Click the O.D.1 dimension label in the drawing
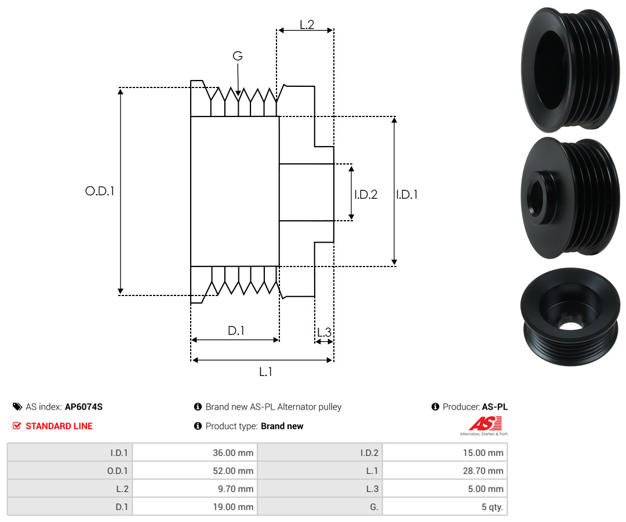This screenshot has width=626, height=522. pyautogui.click(x=100, y=191)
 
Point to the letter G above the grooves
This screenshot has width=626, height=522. pyautogui.click(x=238, y=56)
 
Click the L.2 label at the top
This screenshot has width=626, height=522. pyautogui.click(x=307, y=25)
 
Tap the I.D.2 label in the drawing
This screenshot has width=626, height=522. pyautogui.click(x=366, y=194)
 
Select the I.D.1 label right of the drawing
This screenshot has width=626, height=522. pyautogui.click(x=407, y=194)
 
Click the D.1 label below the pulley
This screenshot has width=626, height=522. pyautogui.click(x=236, y=330)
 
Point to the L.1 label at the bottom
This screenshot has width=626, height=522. pyautogui.click(x=265, y=372)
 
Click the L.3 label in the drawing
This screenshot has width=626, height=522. pyautogui.click(x=324, y=332)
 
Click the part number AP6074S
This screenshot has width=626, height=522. pyautogui.click(x=84, y=407)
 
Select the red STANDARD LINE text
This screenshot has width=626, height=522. pyautogui.click(x=59, y=426)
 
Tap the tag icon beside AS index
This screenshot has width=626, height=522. pyautogui.click(x=17, y=407)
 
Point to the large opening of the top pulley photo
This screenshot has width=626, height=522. pyautogui.click(x=551, y=70)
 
